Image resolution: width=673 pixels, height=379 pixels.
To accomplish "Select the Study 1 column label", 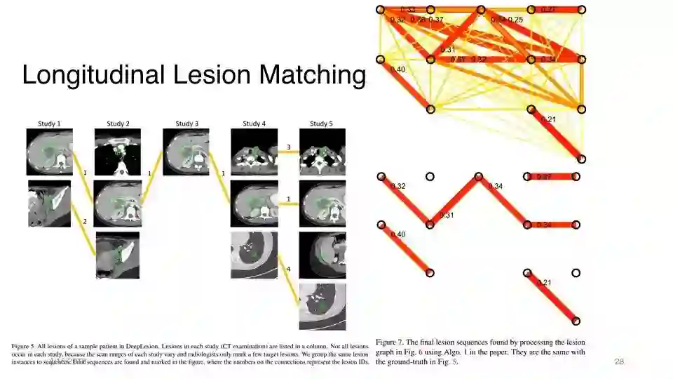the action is [49, 124].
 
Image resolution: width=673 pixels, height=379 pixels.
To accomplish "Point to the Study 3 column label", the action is [186, 124].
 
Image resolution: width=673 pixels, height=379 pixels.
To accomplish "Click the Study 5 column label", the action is [322, 124].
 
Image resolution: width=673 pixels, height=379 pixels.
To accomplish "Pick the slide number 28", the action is [618, 361].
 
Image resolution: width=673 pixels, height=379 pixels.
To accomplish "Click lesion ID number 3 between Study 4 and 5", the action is [288, 147].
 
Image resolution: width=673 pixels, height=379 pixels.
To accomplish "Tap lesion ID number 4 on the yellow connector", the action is [288, 269].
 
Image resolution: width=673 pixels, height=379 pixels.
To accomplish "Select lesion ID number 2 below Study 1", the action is [85, 221].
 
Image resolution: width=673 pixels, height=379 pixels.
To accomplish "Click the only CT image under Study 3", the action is [186, 151].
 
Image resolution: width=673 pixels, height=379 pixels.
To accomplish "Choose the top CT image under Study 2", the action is [118, 151].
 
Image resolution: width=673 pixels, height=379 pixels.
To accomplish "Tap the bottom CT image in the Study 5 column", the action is [322, 307].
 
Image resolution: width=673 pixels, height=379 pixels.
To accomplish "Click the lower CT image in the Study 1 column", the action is [49, 204].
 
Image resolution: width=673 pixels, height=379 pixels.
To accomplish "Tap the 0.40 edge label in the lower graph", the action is [397, 234].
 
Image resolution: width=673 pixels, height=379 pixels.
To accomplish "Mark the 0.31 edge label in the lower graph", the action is [447, 215].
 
